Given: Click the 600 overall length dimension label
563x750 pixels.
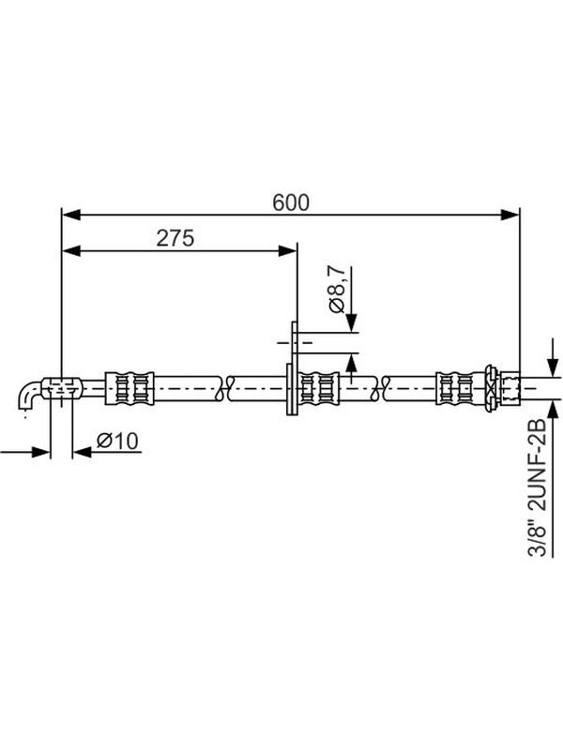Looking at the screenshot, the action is coord(291,202).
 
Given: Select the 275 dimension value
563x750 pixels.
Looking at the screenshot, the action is coord(175,238).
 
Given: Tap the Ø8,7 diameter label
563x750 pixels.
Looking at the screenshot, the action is coord(337,289).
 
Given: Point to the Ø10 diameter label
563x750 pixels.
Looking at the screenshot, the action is coord(117,441).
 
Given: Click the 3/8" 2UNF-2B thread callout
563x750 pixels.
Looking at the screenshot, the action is coord(537,487).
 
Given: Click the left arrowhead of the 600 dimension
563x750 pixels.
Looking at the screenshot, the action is coord(71,215).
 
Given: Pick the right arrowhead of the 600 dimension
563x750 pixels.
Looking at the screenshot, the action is coord(510,215).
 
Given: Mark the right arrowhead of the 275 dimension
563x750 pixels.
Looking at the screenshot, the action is coord(288,250).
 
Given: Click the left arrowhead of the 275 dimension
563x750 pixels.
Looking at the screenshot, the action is coord(71,250).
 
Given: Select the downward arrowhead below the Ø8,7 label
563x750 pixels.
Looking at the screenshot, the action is coord(352,322).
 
